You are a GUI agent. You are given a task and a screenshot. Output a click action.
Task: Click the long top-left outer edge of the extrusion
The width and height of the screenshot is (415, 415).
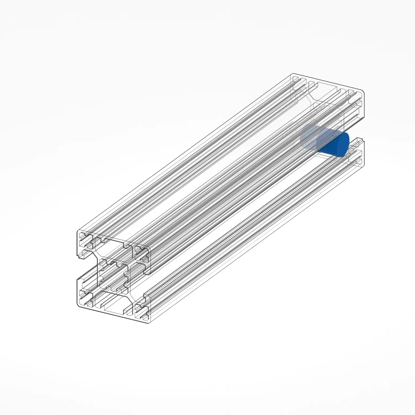(x=185, y=152)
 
